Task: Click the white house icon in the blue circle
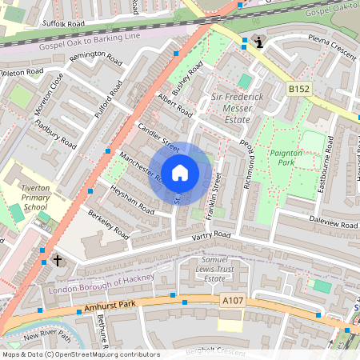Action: point(180,172)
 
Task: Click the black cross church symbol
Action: point(57,260)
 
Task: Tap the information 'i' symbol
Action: point(258,42)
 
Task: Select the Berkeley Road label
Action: point(108,226)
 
